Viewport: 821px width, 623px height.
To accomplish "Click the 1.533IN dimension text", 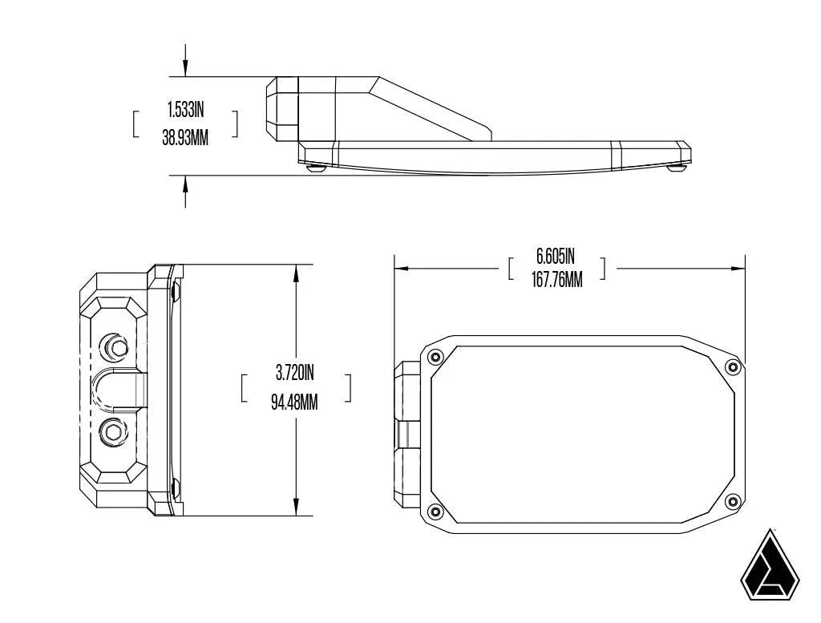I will point(185,111).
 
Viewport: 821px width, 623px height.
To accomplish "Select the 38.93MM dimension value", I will point(185,137).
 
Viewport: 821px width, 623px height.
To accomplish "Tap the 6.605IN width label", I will point(556,257).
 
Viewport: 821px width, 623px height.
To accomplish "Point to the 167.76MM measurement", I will point(556,281).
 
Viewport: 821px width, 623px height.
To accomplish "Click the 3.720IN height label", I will point(295,373).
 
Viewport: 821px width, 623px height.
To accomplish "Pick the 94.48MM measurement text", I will point(295,401).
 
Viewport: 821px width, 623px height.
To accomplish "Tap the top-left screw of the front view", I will point(435,357).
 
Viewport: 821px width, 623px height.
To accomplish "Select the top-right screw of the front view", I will point(730,366).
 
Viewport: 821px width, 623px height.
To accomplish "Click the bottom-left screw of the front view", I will point(435,511).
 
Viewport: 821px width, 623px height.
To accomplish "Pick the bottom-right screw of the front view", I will point(730,501).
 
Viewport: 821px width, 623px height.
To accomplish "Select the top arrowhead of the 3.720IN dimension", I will point(297,273).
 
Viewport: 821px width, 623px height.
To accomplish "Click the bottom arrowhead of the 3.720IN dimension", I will point(297,507).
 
